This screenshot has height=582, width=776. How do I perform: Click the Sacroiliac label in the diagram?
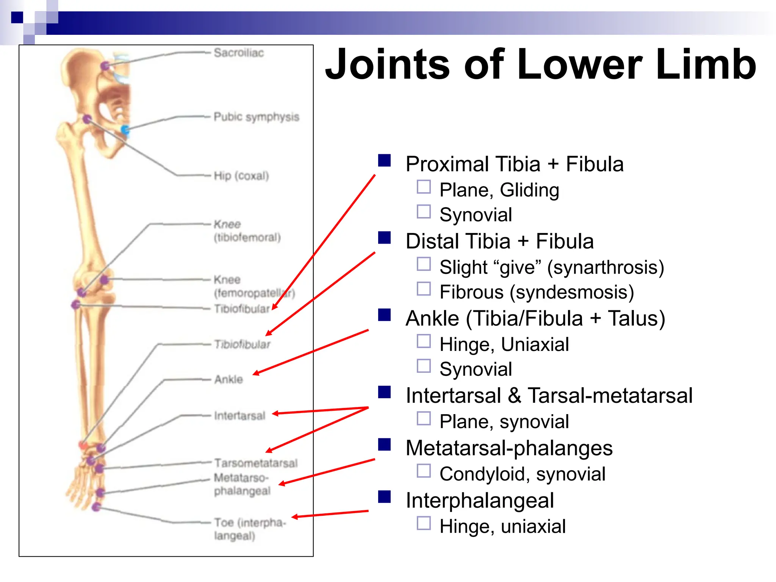[239, 53]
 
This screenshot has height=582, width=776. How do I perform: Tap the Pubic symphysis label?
[256, 117]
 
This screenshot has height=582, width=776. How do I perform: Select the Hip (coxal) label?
[241, 176]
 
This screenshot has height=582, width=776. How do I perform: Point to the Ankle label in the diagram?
[228, 379]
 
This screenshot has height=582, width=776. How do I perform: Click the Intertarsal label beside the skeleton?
[239, 416]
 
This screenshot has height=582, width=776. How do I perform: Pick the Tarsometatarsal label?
[256, 463]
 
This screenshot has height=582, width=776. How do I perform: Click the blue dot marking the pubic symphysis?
[125, 130]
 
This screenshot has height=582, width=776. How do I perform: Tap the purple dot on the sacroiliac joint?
[105, 66]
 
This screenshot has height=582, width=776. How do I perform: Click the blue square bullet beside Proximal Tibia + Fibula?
[384, 160]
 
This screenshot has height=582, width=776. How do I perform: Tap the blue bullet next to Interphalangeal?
[384, 496]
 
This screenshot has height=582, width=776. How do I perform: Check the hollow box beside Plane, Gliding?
[424, 187]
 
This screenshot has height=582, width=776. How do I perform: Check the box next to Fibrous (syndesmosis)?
[424, 289]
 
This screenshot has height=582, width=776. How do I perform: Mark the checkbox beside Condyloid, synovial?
[424, 471]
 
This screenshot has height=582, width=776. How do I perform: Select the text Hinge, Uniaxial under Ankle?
[504, 344]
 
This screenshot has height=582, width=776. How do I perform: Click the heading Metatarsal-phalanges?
[509, 448]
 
